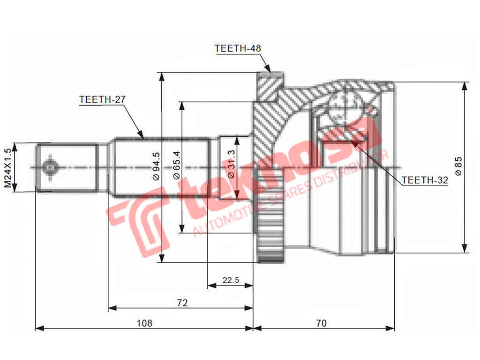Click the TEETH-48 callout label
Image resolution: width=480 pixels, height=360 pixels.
237,48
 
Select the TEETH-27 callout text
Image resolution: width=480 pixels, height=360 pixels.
102,99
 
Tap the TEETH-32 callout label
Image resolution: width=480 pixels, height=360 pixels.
425,180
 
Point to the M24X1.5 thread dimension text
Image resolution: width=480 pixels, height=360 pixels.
8,167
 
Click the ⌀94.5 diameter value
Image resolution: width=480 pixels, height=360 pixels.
156,166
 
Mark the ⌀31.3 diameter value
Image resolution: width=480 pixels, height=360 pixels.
231,167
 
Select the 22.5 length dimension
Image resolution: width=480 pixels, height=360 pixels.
231,280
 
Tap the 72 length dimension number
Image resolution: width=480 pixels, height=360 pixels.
182,303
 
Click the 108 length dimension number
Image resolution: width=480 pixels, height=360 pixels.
144,323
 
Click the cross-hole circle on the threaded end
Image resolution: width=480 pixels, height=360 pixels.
50,167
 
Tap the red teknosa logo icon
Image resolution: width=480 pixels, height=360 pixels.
138,220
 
